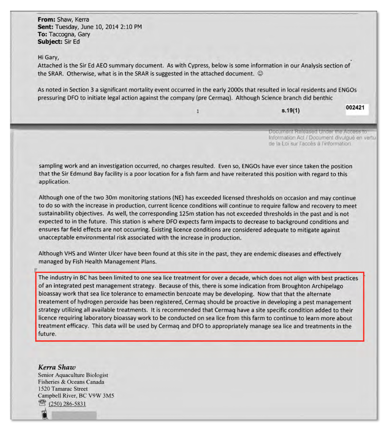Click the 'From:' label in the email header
click(46, 20)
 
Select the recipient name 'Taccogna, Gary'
click(69, 34)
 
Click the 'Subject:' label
click(50, 42)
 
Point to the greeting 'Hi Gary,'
click(48, 57)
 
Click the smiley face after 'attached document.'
click(260, 74)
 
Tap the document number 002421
click(355, 108)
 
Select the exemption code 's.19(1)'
click(290, 111)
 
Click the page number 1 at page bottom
click(198, 111)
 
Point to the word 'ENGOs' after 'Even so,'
click(251, 166)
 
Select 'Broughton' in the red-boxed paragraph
click(295, 286)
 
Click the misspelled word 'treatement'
click(53, 302)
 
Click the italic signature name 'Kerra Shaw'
click(57, 367)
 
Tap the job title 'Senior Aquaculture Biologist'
click(73, 375)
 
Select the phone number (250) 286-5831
click(67, 404)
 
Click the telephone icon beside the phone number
click(42, 403)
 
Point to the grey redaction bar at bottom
click(74, 416)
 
